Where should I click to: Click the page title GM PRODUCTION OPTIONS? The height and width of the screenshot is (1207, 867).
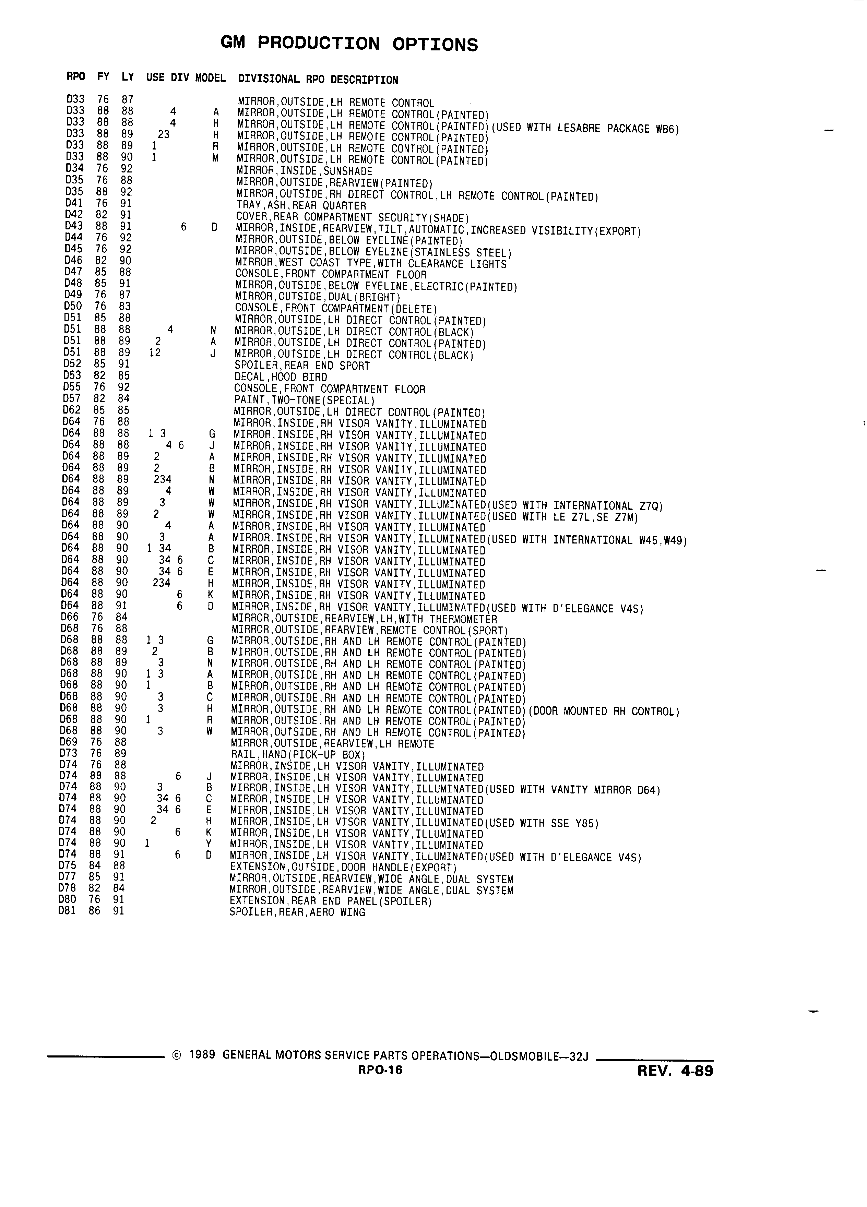click(x=349, y=44)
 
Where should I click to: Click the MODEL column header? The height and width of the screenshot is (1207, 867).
click(x=210, y=78)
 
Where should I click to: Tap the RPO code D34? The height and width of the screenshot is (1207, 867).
click(x=74, y=168)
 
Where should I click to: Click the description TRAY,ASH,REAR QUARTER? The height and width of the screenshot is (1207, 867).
click(x=301, y=205)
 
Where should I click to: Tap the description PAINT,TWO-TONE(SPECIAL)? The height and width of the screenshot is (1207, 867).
click(x=305, y=400)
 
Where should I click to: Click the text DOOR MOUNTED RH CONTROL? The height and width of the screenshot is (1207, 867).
click(x=604, y=712)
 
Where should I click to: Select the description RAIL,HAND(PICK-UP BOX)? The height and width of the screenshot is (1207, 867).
click(x=298, y=755)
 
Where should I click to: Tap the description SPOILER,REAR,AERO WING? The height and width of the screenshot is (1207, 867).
click(x=297, y=912)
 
